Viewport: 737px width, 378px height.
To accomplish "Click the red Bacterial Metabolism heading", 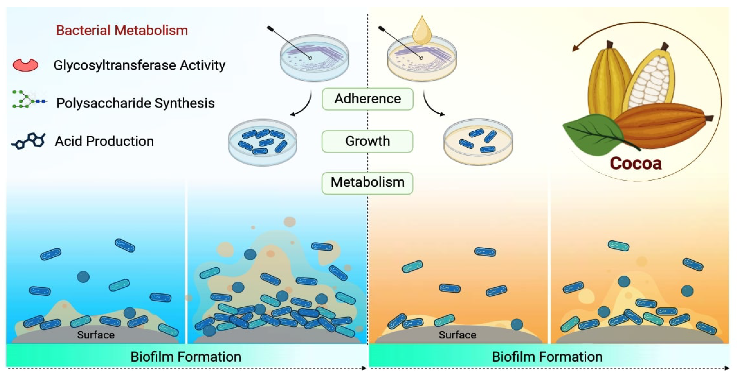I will (122, 30).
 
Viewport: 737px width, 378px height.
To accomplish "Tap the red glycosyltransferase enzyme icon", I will (25, 65).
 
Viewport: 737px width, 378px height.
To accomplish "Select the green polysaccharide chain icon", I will (29, 100).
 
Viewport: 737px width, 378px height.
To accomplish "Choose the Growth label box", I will (367, 141).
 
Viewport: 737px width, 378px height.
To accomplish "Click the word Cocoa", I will (636, 164).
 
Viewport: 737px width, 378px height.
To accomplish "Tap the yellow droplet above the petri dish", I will (422, 31).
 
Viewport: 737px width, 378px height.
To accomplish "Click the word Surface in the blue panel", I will (96, 335).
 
